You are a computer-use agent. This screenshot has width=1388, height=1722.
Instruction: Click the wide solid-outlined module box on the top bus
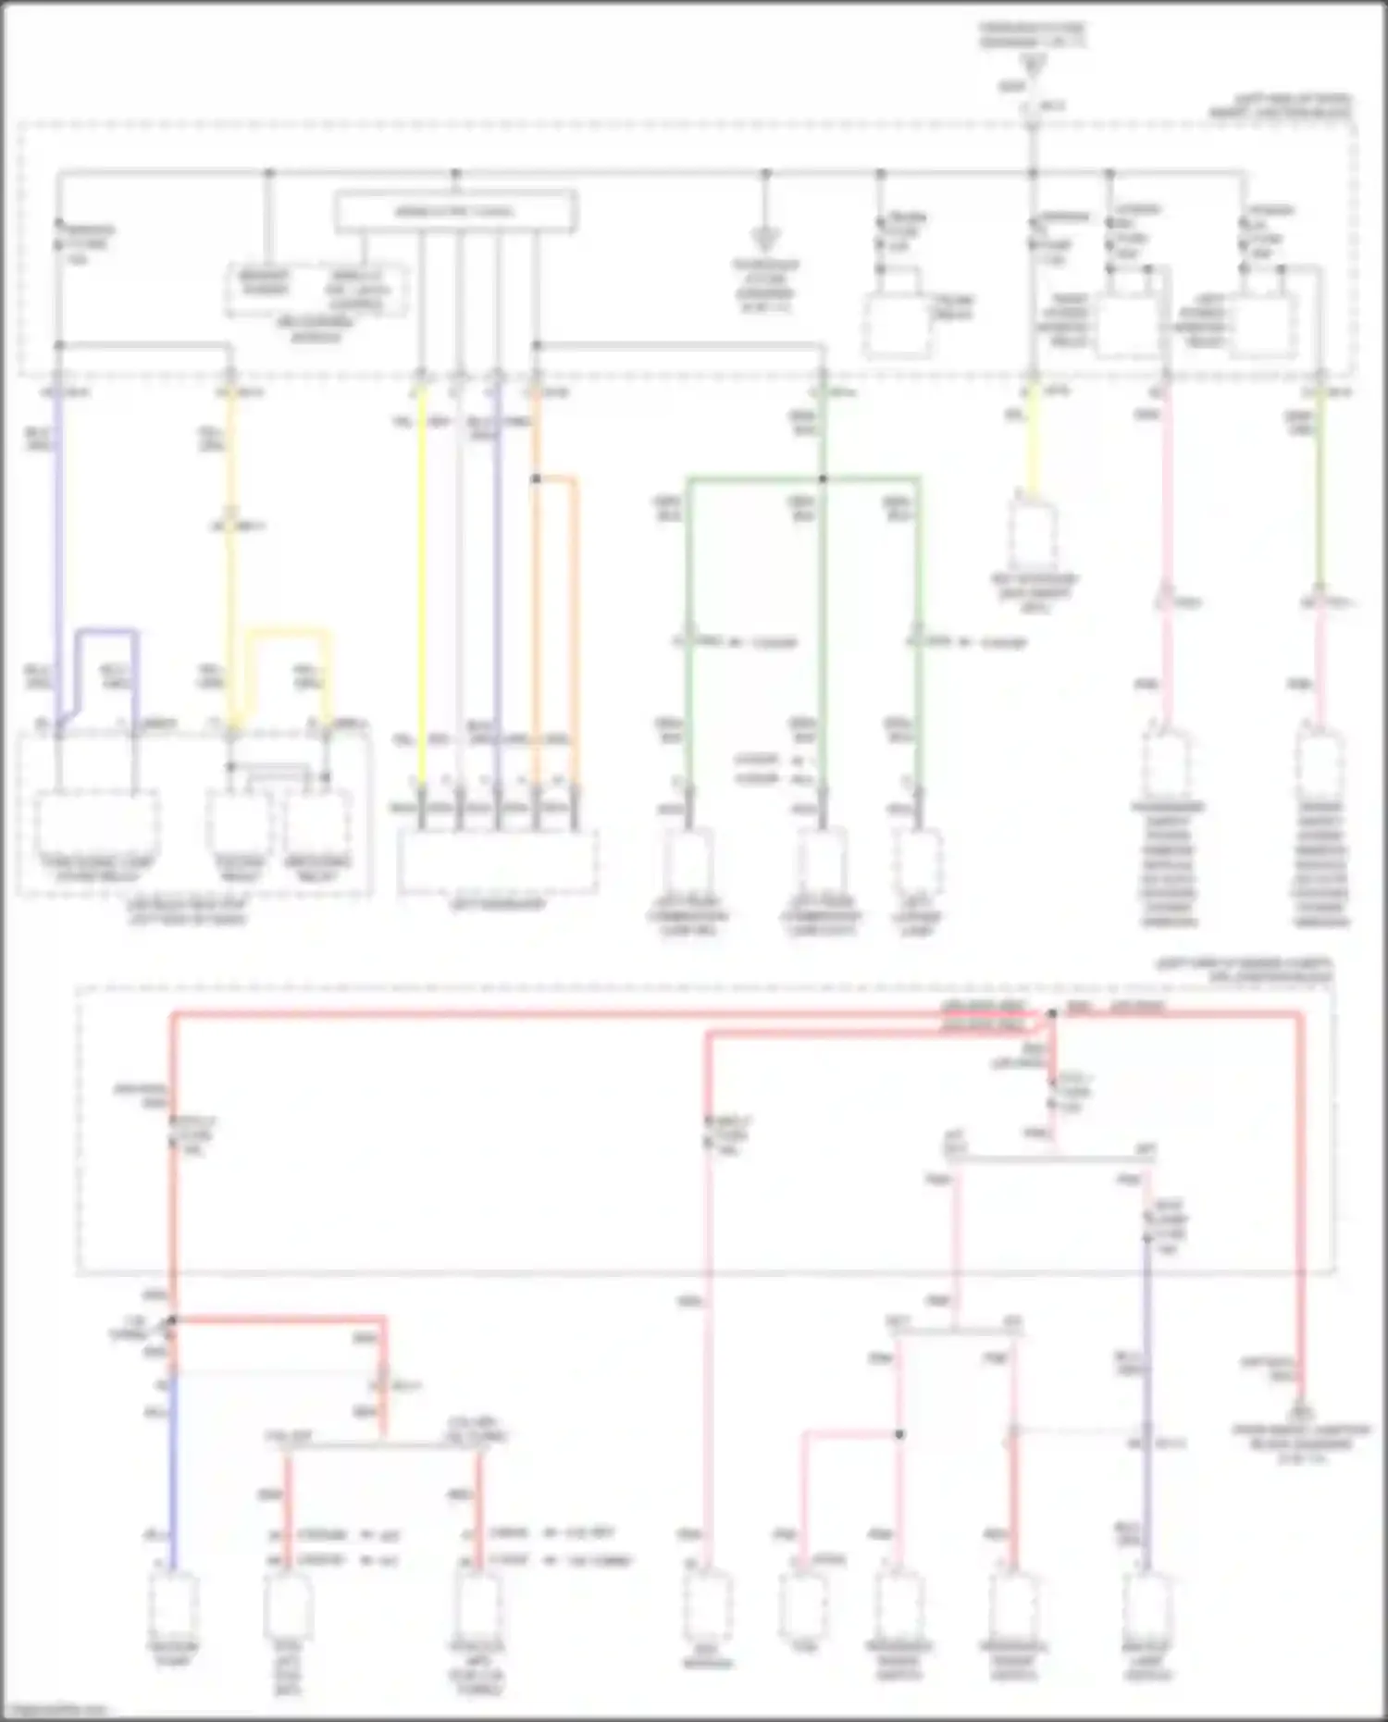[455, 212]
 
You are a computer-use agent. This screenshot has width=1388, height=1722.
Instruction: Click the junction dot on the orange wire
[536, 479]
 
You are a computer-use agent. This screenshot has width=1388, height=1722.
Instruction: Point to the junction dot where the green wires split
[823, 479]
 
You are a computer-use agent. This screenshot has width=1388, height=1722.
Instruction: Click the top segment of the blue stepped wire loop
[106, 633]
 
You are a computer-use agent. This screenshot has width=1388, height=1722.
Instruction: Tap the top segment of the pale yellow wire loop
[288, 633]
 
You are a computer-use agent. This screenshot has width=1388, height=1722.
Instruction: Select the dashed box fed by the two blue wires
[96, 824]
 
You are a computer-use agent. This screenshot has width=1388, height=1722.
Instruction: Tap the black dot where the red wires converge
[1052, 1014]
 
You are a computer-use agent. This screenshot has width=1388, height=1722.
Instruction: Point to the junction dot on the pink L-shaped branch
[899, 1434]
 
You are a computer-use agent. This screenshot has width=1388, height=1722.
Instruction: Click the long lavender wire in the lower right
[1146, 1388]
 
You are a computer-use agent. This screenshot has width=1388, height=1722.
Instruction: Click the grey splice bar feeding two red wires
[384, 1444]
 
